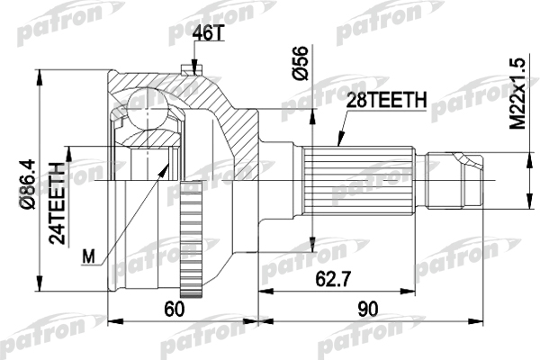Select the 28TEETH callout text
click(382, 103)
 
